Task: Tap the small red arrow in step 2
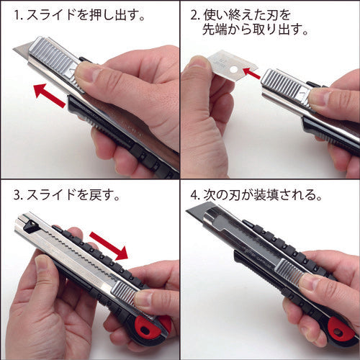(x=251, y=71)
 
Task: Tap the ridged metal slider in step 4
(x=288, y=274)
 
